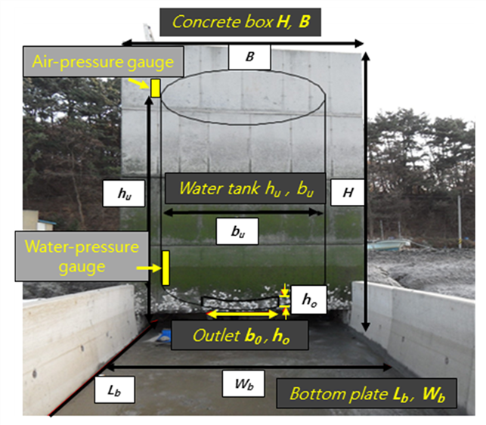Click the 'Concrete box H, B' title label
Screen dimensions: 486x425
coord(240,23)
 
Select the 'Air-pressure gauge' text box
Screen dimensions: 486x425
coord(104,61)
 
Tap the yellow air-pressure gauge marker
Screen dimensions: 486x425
coord(155,88)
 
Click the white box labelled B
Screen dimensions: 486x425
coord(249,57)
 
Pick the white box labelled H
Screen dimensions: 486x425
coord(348,192)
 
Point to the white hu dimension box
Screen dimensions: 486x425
coord(124,194)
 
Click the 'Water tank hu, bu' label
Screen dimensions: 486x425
coord(245,188)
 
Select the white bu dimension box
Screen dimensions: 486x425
coord(237,231)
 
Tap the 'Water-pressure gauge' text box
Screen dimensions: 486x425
coord(82,256)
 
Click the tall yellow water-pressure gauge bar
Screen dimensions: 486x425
coord(166,268)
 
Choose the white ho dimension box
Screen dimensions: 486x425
coord(309,299)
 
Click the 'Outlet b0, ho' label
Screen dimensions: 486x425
coord(240,335)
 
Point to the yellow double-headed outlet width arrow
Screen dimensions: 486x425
coord(243,315)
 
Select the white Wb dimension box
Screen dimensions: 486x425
coord(243,383)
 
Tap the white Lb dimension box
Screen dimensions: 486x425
coord(114,389)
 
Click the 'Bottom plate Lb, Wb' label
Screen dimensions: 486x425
coord(367,393)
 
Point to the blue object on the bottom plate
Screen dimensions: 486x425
coord(164,336)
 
